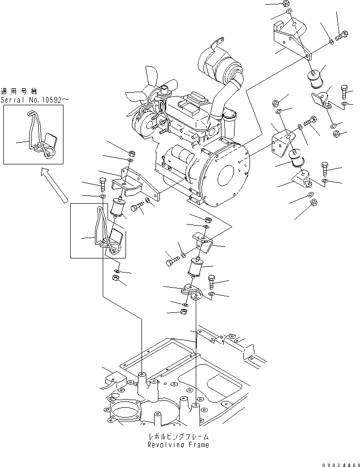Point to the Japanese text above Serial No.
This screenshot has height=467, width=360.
[21, 91]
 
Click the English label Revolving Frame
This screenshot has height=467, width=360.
[179, 445]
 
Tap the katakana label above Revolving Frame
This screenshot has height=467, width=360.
[179, 436]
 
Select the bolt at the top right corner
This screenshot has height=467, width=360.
[342, 34]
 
